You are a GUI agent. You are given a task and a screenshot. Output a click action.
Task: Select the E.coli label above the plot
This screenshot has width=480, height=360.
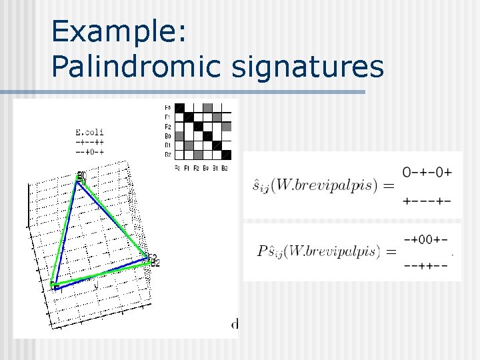tap(90, 132)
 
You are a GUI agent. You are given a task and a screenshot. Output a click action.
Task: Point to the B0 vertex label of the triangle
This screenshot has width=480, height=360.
tap(81, 178)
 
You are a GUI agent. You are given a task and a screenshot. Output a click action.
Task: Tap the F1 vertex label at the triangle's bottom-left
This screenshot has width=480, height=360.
tap(56, 287)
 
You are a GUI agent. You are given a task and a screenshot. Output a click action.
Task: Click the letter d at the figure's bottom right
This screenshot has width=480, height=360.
tap(235, 325)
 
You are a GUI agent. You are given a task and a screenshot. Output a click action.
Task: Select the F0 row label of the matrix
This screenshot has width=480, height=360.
tap(167, 107)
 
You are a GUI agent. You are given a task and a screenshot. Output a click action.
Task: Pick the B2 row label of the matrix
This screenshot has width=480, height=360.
tap(167, 155)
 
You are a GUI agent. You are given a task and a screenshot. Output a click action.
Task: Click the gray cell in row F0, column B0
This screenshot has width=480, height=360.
tap(207, 108)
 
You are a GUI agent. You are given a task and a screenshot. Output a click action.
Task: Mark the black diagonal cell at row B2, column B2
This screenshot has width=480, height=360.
tap(226, 155)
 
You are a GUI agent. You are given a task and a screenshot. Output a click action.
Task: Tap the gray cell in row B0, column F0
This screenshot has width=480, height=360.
tap(179, 136)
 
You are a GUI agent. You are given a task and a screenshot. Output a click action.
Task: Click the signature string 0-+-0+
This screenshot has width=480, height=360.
tap(427, 172)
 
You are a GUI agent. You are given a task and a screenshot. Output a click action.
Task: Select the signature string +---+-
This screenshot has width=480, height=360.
tap(427, 201)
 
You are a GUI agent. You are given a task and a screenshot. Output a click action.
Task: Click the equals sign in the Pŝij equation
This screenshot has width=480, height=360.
tap(391, 252)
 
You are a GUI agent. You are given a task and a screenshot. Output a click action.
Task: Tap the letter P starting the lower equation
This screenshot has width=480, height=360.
tap(261, 251)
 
